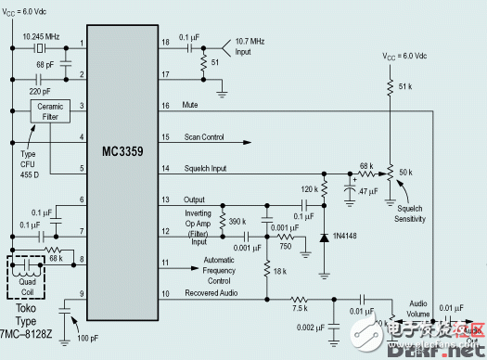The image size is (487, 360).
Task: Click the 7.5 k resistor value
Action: pyautogui.click(x=300, y=310)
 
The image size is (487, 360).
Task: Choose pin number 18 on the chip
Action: pyautogui.click(x=192, y=44)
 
